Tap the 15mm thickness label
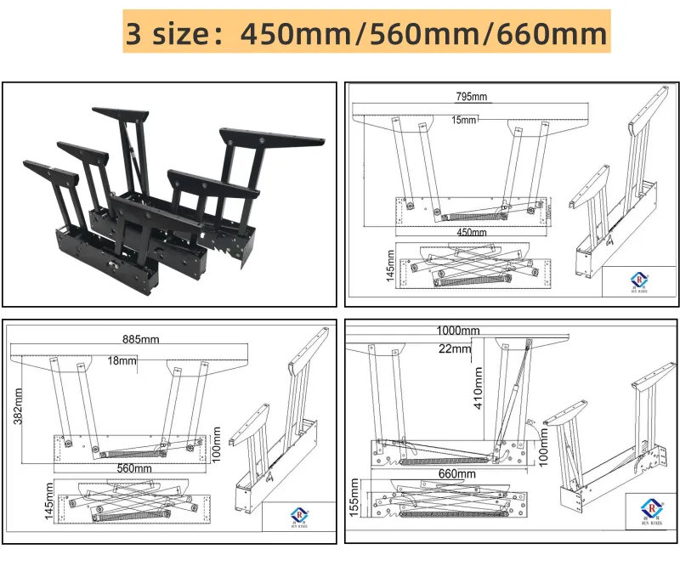pyautogui.click(x=464, y=120)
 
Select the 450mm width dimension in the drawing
pyautogui.click(x=473, y=232)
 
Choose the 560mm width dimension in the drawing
pyautogui.click(x=134, y=468)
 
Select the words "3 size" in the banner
pyautogui.click(x=167, y=33)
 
